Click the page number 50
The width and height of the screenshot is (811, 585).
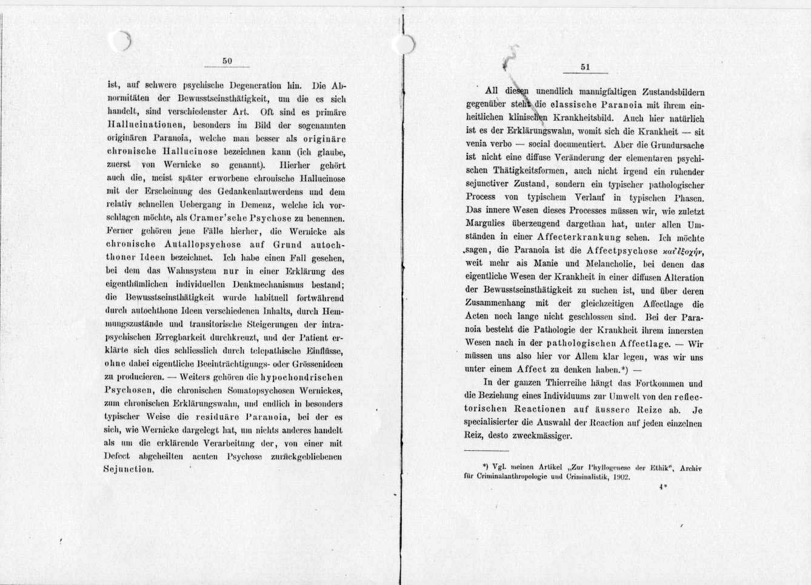(x=227, y=61)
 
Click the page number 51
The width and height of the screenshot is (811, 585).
(x=585, y=67)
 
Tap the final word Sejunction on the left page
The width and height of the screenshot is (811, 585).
(x=128, y=469)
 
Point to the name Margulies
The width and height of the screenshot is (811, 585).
(x=490, y=225)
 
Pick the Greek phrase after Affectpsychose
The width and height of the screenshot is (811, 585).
(x=682, y=251)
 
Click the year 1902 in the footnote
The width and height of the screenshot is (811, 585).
(x=622, y=478)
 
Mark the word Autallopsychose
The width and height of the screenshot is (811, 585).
(x=195, y=245)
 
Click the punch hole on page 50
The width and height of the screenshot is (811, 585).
(x=122, y=41)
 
